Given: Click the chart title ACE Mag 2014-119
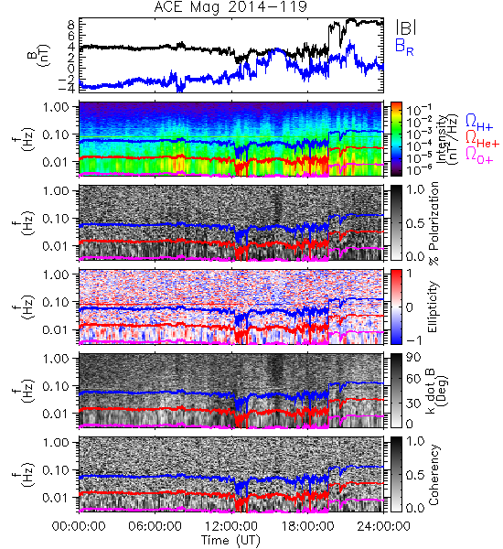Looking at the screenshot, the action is point(230,7).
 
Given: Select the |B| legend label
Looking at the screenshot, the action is point(406,27).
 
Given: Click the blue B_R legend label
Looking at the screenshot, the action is point(404,47).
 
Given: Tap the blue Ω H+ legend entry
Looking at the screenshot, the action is point(479,123).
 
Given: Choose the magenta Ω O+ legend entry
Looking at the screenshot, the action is point(479,155).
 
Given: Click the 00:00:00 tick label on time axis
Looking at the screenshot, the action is point(79,526).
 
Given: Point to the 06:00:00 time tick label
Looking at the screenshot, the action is point(155,526).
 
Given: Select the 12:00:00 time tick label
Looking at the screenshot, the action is point(231,526).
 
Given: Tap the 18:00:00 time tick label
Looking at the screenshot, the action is point(307,526).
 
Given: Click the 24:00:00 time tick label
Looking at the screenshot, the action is point(383,526).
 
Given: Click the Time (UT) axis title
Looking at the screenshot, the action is point(230,540).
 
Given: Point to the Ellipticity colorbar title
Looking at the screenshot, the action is point(433,307).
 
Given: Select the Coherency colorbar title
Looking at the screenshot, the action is point(433,475).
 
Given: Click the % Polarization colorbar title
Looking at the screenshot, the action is point(433,223).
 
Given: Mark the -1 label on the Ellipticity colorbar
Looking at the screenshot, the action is point(413,340).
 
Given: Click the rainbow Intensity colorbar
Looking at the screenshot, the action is point(396,139).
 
